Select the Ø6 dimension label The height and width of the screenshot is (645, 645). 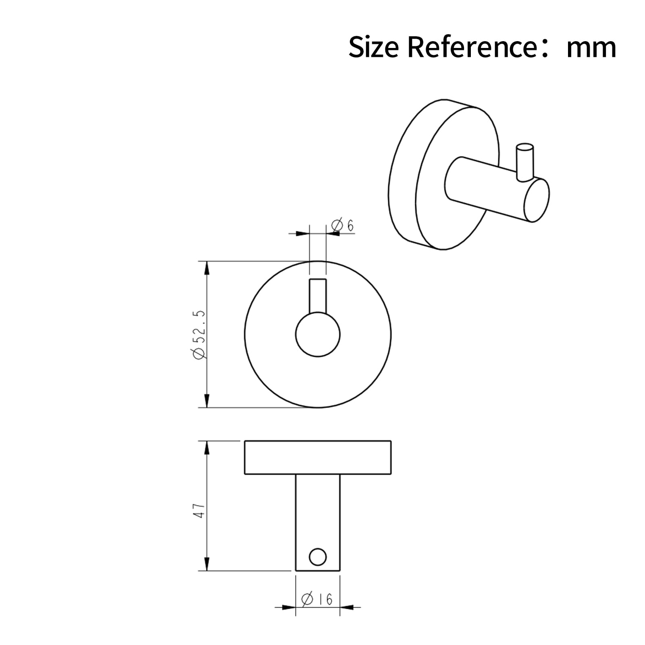click(x=343, y=225)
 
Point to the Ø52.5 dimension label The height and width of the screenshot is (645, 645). click(x=200, y=334)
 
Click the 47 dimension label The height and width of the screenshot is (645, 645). click(x=200, y=510)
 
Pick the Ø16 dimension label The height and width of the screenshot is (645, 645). click(x=318, y=599)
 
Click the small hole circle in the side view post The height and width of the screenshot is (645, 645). click(x=318, y=557)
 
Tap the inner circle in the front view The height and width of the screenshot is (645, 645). click(x=318, y=335)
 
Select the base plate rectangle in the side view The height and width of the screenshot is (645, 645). click(x=318, y=458)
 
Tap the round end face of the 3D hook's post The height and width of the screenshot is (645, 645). click(x=537, y=200)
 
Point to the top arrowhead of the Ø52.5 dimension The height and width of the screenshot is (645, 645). click(x=207, y=268)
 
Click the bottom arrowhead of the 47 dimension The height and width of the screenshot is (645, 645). click(x=207, y=564)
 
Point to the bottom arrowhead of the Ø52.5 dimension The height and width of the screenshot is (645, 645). click(x=207, y=400)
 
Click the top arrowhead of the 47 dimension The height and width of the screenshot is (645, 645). click(x=207, y=448)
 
